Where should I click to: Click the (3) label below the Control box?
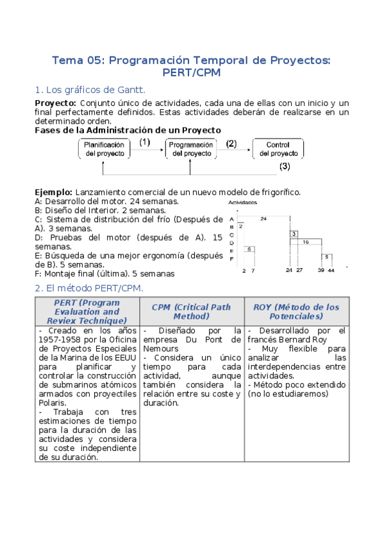tap(285, 166)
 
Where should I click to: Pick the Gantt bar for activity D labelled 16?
tap(305, 242)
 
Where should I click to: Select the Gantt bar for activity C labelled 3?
tap(294, 234)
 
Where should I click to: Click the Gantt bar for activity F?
tap(327, 257)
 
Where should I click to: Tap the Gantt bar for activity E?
tap(249, 249)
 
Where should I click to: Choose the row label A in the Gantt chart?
tap(231, 219)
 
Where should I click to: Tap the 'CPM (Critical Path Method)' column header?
tap(191, 312)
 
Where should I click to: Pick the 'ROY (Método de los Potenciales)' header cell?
tap(296, 312)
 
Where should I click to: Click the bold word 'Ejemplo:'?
tap(53, 192)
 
